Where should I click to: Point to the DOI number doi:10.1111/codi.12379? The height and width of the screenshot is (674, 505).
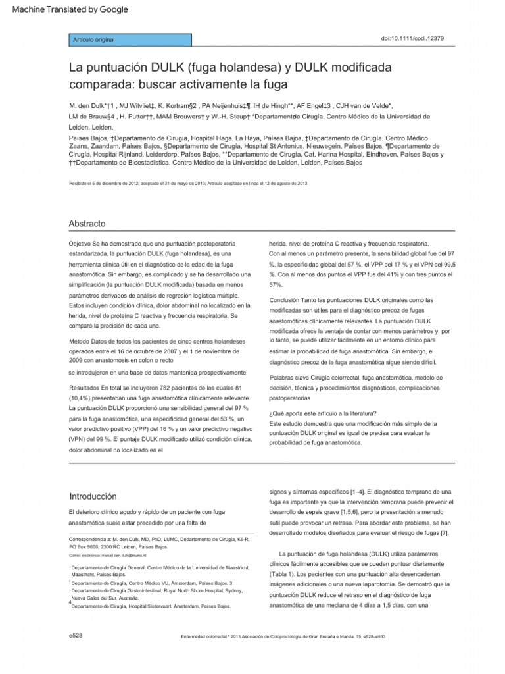(412, 39)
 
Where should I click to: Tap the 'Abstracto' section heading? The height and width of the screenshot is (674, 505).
(87, 224)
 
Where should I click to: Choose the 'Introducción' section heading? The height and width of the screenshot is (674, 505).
(93, 496)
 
